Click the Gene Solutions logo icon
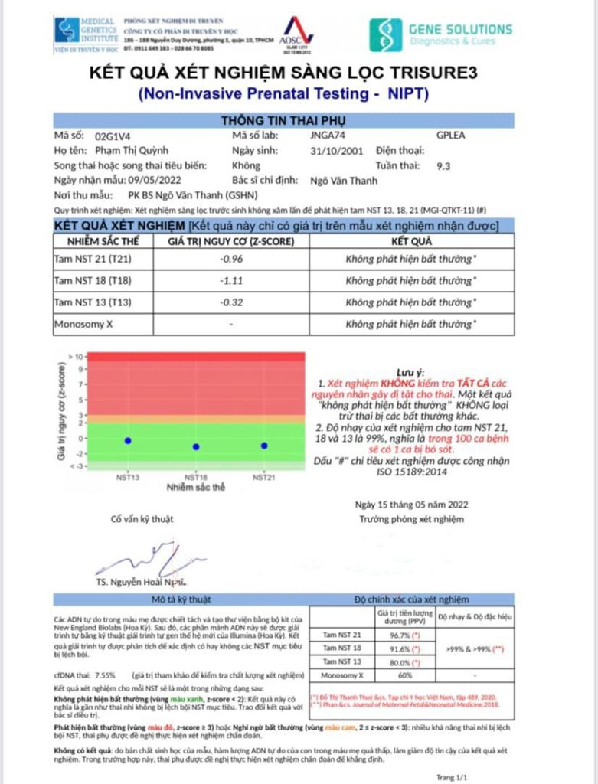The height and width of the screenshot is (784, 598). (385, 34)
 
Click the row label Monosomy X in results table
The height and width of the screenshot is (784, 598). (83, 325)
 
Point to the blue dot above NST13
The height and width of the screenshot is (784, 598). (128, 440)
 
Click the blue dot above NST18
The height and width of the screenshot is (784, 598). (196, 446)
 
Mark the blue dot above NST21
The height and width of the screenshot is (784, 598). (264, 445)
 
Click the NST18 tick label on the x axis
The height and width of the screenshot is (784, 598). (196, 476)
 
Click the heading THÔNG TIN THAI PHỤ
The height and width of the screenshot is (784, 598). (283, 120)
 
